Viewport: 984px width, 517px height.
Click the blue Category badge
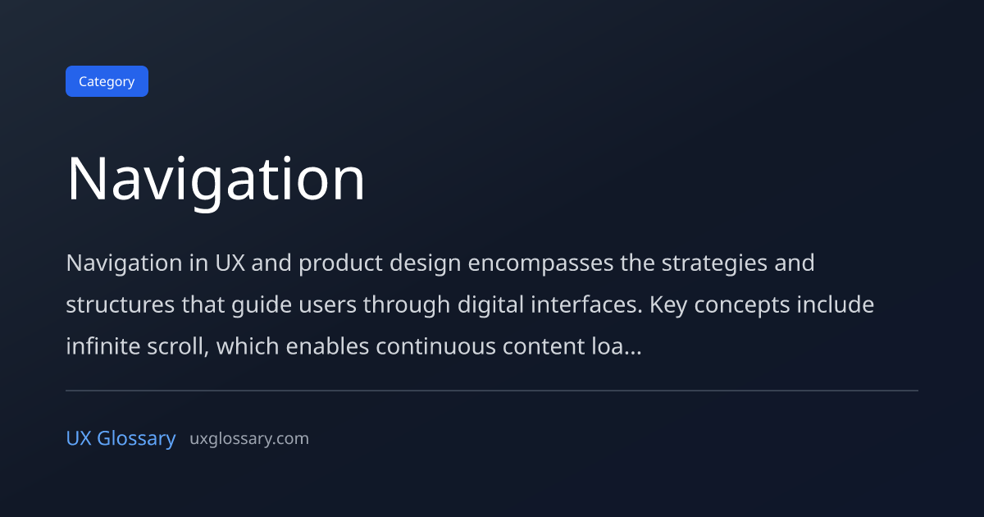(x=107, y=81)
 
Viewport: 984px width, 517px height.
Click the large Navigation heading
(x=216, y=180)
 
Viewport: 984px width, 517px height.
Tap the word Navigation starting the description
(x=125, y=263)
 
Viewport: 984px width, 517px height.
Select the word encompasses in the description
(x=540, y=263)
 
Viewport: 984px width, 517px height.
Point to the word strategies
(x=714, y=263)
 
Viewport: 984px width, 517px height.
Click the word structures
(x=121, y=304)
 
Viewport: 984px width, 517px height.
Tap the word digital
(x=490, y=305)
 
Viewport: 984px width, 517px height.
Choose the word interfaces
(x=586, y=304)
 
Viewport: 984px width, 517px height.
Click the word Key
(x=668, y=305)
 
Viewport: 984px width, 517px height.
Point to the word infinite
(x=103, y=346)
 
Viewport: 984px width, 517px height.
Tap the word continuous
(x=435, y=347)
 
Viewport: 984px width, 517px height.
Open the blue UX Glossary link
(x=121, y=438)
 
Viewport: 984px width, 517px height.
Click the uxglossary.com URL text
(x=249, y=439)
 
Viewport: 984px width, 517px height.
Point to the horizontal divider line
(x=492, y=391)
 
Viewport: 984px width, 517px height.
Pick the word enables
(x=327, y=346)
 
